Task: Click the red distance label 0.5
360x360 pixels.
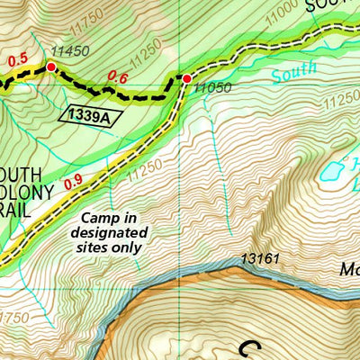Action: pos(17,60)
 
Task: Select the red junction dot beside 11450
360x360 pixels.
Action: pos(51,67)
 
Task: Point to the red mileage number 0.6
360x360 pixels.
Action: pos(117,78)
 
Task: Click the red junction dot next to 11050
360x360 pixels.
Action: pos(186,79)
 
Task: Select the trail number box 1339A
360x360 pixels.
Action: pos(91,113)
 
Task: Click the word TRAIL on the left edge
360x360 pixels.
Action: pos(17,209)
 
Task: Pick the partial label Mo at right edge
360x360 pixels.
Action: pos(348,268)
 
